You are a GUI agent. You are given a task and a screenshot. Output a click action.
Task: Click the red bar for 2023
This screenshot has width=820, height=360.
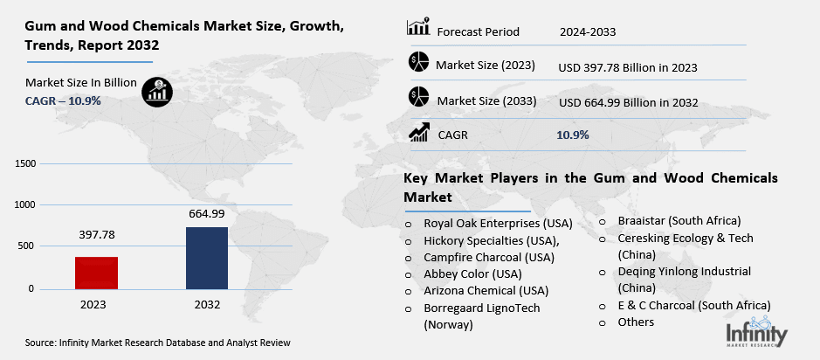tap(109, 273)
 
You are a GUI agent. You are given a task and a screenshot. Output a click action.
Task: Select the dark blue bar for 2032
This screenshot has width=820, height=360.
tap(208, 257)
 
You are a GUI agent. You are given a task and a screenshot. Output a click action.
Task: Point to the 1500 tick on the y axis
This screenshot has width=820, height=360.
tap(24, 163)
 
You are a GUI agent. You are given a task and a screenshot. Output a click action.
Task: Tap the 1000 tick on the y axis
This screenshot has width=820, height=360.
tap(24, 204)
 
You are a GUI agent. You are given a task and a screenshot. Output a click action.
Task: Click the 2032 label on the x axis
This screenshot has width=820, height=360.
tap(208, 305)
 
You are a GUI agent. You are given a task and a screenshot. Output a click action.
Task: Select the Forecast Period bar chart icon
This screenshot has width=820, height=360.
tap(418, 28)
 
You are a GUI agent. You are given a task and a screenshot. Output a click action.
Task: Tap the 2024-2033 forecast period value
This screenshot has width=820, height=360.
tap(589, 32)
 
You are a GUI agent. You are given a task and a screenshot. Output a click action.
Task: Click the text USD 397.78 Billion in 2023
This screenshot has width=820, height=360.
tap(627, 66)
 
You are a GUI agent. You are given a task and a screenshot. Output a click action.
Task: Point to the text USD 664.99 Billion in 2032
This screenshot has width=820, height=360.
tap(627, 101)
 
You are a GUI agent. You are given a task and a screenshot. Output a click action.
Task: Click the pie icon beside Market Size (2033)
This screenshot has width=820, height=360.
tap(419, 98)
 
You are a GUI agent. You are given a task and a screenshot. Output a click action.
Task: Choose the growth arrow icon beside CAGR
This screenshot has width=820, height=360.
tap(419, 133)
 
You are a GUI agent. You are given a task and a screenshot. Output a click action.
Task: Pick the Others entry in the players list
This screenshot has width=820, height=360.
tap(636, 322)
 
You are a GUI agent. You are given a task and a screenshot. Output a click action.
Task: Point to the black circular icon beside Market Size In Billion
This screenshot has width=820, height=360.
tap(158, 91)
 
